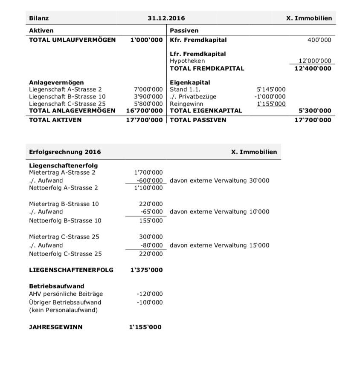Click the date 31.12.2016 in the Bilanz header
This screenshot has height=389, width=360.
(x=166, y=18)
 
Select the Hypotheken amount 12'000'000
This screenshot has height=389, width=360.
(x=315, y=61)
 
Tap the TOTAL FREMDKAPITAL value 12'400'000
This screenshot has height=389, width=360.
(x=313, y=68)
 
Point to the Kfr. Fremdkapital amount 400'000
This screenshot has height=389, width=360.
(x=319, y=40)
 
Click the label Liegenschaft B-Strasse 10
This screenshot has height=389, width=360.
(x=67, y=96)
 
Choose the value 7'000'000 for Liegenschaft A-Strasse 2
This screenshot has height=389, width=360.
(x=148, y=89)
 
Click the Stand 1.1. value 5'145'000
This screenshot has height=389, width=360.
(x=271, y=89)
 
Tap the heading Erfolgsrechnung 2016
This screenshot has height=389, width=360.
(x=65, y=152)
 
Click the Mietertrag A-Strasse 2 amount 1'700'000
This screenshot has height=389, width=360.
(x=148, y=173)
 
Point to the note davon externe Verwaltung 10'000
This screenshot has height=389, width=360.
(x=219, y=212)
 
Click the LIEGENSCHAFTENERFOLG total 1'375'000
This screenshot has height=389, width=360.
(x=145, y=270)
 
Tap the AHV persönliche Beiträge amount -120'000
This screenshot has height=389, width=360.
(x=149, y=294)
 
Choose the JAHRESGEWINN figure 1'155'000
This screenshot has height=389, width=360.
(x=145, y=327)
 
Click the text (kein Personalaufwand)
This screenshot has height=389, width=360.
(x=63, y=310)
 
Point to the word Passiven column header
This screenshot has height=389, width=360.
(x=184, y=31)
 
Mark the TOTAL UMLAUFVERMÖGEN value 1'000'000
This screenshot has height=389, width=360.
(x=146, y=40)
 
